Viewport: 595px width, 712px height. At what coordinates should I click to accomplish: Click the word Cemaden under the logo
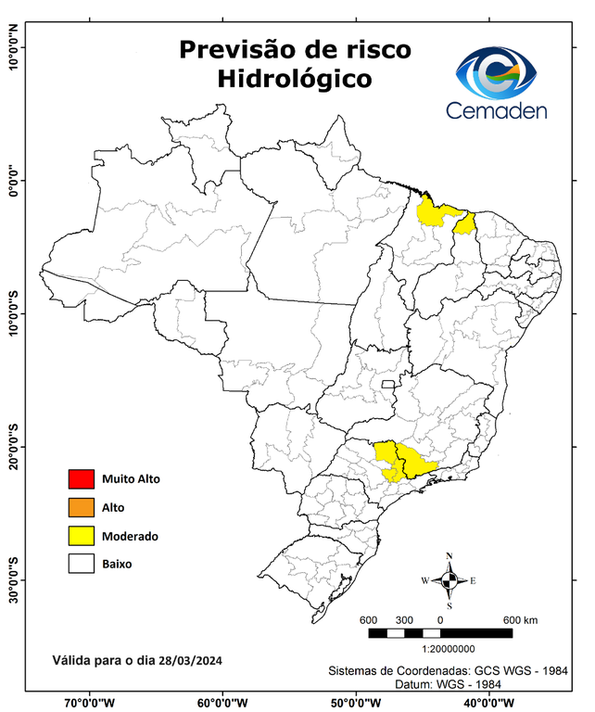pos(497,110)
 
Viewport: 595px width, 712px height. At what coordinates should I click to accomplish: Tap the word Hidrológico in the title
pos(295,80)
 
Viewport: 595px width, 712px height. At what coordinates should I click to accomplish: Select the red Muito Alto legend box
pos(82,479)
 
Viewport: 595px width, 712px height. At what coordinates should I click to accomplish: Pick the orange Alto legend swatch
pos(82,507)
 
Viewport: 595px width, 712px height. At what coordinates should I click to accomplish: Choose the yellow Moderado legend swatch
pos(82,536)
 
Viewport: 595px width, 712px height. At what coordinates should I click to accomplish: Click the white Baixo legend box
pos(82,564)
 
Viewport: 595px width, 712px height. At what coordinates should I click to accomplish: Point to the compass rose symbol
pos(449,580)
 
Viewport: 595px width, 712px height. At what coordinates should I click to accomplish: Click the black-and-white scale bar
pos(440,633)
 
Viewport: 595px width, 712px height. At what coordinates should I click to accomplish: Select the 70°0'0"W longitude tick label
pos(90,703)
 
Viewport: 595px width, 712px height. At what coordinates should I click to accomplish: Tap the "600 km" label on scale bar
pos(520,619)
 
